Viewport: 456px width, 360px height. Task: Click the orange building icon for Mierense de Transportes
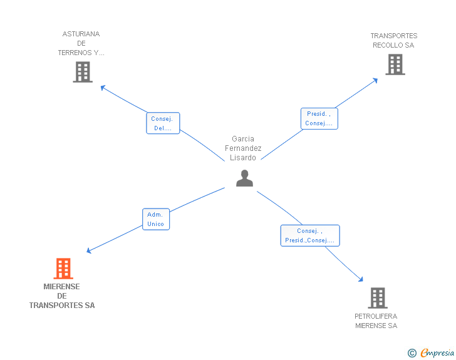[63, 269]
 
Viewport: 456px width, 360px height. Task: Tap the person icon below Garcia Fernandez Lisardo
[244, 178]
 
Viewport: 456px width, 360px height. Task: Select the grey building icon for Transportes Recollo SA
[395, 64]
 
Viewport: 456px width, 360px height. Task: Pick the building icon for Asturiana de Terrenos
[83, 72]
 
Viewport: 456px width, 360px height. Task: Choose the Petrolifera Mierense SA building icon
[377, 298]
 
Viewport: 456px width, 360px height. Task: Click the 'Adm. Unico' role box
[155, 219]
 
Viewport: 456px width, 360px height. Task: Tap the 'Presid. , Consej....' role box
[319, 118]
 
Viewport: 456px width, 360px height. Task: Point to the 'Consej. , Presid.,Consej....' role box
[309, 235]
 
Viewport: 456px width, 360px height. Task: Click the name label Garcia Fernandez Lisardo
[243, 148]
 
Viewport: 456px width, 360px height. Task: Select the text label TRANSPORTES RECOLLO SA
[393, 41]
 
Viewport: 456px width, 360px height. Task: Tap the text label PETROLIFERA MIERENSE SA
[376, 321]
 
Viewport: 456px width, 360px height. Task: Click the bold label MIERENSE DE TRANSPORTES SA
[62, 296]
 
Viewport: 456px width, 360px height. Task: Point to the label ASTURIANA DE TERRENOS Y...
[81, 44]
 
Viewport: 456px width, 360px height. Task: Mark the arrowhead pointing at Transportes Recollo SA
[376, 80]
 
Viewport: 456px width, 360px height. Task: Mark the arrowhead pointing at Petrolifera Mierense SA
[361, 279]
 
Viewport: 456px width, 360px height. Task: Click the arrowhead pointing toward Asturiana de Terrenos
[103, 88]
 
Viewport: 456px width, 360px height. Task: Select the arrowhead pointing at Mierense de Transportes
[89, 251]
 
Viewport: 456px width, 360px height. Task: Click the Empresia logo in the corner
[437, 353]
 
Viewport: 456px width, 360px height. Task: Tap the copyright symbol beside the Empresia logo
[412, 353]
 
